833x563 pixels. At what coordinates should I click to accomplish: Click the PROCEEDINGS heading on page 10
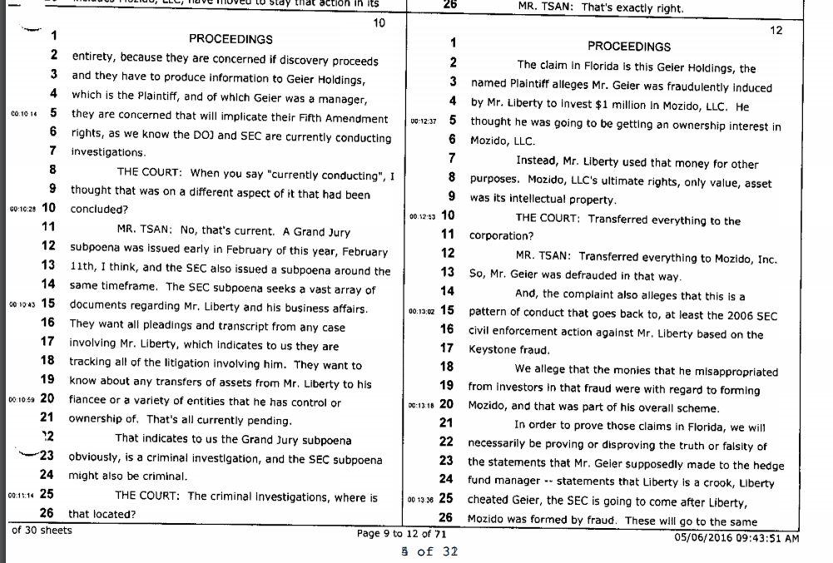[231, 39]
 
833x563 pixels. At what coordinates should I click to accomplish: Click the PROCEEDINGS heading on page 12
[628, 47]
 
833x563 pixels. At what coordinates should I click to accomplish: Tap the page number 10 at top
[379, 23]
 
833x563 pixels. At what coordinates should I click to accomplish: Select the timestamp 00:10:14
[22, 113]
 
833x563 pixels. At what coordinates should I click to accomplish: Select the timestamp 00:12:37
[424, 121]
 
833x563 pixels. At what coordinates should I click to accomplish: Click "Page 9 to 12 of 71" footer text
[402, 534]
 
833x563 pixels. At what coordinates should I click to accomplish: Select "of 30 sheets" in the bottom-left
[42, 530]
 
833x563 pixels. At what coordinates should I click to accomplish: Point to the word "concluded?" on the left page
[99, 210]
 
